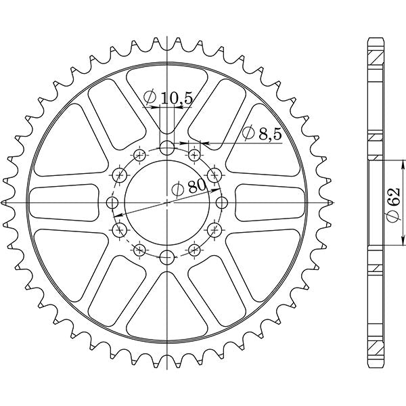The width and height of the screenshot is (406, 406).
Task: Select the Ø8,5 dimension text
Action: (x=261, y=135)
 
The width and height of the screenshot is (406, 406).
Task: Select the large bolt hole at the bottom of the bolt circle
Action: (x=167, y=256)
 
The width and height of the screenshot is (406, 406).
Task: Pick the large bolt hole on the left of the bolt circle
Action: (x=113, y=202)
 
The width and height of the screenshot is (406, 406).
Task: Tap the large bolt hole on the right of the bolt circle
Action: (x=221, y=202)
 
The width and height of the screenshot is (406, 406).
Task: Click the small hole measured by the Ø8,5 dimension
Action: (x=195, y=155)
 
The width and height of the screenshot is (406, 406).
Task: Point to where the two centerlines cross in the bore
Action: (x=167, y=202)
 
